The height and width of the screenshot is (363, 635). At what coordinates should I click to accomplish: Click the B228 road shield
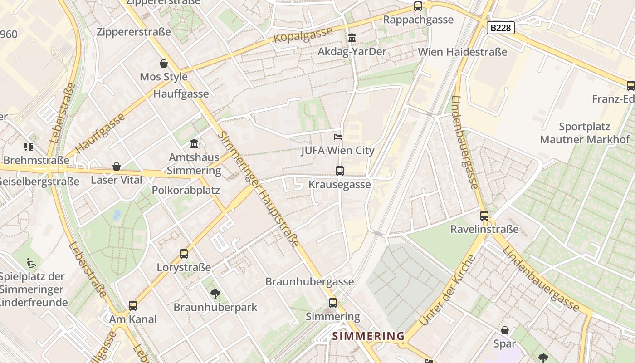point(501,28)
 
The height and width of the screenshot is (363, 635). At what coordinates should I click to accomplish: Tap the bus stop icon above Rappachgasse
point(418,6)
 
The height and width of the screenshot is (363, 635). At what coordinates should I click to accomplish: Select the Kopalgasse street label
point(303,35)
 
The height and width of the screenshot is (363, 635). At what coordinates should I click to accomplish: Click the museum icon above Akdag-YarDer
point(352,38)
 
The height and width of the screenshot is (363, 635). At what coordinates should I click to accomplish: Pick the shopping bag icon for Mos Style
point(164,64)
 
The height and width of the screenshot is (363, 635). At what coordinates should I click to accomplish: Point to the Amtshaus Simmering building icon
point(194,144)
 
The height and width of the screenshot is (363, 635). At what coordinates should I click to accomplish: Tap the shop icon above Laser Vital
point(117,167)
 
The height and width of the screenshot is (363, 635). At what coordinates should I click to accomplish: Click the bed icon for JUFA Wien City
point(338,137)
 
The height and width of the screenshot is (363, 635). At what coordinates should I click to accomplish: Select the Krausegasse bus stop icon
point(340,171)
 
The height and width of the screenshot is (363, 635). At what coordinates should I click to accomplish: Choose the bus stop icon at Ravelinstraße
point(484,216)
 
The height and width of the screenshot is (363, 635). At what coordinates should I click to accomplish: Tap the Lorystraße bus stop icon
point(184,254)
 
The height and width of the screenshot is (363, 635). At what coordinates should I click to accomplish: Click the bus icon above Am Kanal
point(133,305)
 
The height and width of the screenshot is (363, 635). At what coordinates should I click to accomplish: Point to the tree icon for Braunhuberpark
point(215,294)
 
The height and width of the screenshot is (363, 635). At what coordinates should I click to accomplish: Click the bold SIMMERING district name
point(368,336)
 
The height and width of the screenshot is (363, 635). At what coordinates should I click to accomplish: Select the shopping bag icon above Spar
point(505,330)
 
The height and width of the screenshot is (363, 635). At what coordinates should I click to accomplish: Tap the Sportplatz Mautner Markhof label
point(585,133)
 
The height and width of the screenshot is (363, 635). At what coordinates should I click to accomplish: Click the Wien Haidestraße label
point(463,52)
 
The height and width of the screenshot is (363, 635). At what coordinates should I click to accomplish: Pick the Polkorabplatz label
point(186,190)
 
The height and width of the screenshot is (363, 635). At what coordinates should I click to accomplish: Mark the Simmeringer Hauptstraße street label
point(259,188)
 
